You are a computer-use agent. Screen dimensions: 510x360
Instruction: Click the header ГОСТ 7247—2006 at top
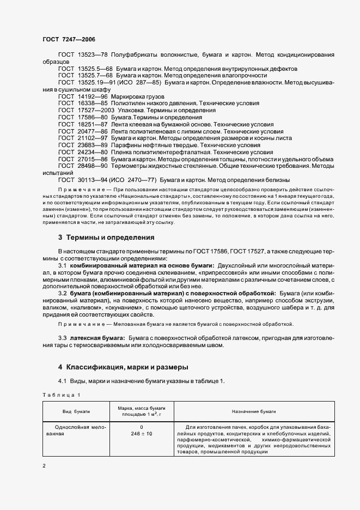(68, 39)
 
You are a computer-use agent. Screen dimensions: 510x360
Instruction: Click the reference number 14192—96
(91, 95)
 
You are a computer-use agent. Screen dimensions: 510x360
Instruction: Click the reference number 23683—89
(91, 145)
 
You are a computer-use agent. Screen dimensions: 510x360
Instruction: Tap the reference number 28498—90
(91, 167)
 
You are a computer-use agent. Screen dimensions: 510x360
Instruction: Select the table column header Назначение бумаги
(253, 411)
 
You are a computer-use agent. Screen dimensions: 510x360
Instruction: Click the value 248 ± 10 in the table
(142, 434)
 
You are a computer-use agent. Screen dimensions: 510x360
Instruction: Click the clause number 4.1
(63, 381)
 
